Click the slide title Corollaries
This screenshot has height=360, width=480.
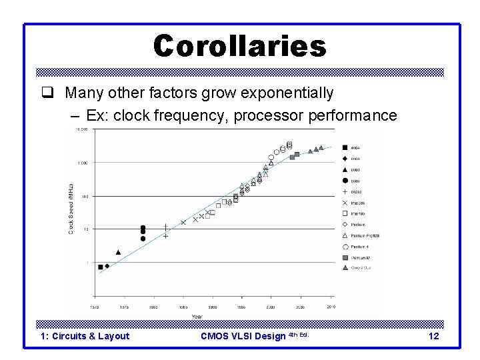pos(239,46)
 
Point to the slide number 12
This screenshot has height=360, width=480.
pos(433,336)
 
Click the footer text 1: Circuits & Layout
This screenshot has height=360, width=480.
pos(85,336)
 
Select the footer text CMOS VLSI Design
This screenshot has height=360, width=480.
pos(243,336)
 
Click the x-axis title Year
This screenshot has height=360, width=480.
pos(198,315)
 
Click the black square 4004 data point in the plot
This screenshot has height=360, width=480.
pos(101,267)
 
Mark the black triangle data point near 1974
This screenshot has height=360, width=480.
pos(118,253)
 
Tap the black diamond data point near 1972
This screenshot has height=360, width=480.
pos(107,265)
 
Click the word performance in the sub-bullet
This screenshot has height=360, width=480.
pos(352,115)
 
